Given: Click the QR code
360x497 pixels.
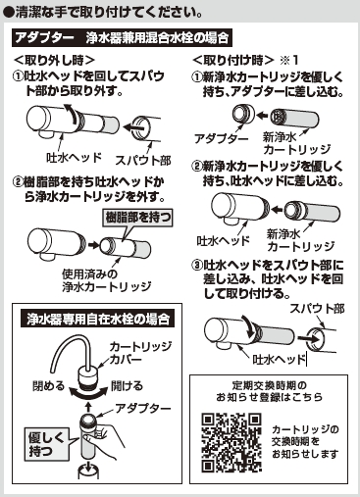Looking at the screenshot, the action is coord(231,443).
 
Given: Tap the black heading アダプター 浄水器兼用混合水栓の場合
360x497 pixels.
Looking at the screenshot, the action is coord(122,38).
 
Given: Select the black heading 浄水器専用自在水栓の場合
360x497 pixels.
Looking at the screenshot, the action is coord(98,319).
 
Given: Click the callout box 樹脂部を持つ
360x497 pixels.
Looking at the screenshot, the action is coord(138,218).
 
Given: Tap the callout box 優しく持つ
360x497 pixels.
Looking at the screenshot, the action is coord(45,444).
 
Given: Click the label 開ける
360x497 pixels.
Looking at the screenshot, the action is coord(127,386).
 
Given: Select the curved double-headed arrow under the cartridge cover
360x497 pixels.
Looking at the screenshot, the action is coord(88,393).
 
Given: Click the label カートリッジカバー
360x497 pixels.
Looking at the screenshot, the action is coord(140,353).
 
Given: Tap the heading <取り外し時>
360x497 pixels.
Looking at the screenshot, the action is coord(54,60).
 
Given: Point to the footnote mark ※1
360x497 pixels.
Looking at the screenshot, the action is coord(289,60).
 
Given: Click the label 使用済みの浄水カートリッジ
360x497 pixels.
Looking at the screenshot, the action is coord(107,280).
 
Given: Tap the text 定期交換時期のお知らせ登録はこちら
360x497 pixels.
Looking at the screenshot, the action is coord(269,391).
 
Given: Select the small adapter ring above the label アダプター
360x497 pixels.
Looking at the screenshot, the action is coord(243,115).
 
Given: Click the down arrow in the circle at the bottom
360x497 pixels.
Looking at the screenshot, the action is coord(88,468).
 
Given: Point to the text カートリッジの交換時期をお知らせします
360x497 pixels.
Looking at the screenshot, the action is coord(305,441).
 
